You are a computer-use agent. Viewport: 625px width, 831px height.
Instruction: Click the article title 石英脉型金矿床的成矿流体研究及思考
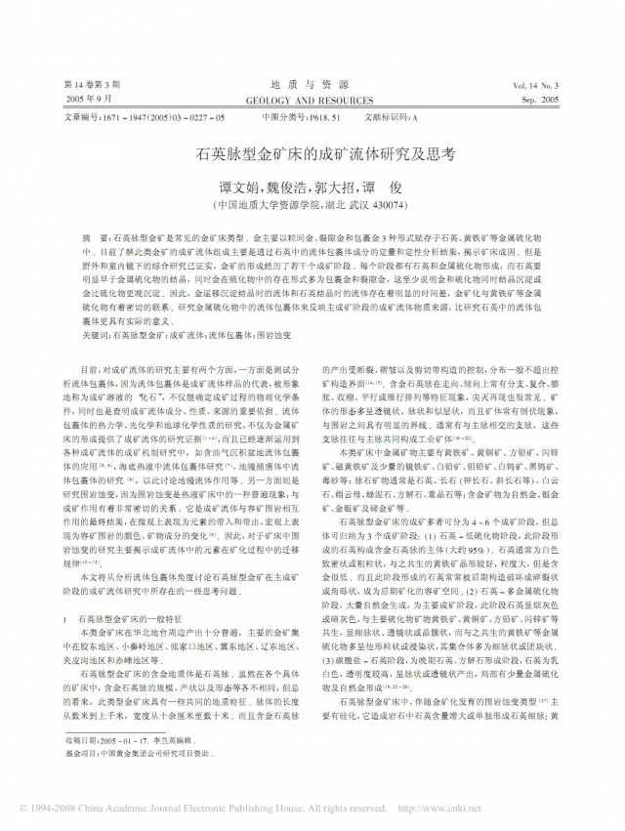[x=312, y=154]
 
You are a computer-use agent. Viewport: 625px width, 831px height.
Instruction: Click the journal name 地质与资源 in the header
[x=312, y=86]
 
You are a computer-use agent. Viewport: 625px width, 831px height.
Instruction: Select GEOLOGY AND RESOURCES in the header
[x=312, y=101]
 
